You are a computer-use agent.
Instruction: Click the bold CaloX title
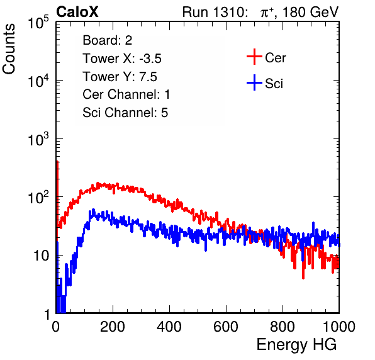point(77,12)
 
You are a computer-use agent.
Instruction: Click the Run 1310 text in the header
point(215,12)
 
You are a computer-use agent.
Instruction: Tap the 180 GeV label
point(310,12)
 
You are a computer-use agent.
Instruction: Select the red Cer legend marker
point(254,57)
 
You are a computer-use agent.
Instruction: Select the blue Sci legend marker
point(254,82)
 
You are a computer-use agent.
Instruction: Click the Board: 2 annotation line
point(108,40)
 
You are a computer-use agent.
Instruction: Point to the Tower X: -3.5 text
point(122,59)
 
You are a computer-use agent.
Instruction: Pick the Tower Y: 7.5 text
point(120,77)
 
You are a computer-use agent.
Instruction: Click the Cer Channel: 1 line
point(126,94)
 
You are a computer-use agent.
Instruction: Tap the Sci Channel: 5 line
point(125,113)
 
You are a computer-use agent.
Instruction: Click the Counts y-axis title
point(9,49)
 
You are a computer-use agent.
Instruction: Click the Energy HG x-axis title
point(296,345)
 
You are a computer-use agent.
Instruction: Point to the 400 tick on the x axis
point(169,327)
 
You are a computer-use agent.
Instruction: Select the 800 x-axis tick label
point(283,327)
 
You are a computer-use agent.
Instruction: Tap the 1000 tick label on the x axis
point(339,327)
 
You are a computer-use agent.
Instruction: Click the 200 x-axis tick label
point(113,327)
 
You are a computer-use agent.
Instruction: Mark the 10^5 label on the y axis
point(38,22)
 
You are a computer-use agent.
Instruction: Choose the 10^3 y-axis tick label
point(38,139)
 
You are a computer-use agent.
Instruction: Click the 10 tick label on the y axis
point(41,256)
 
